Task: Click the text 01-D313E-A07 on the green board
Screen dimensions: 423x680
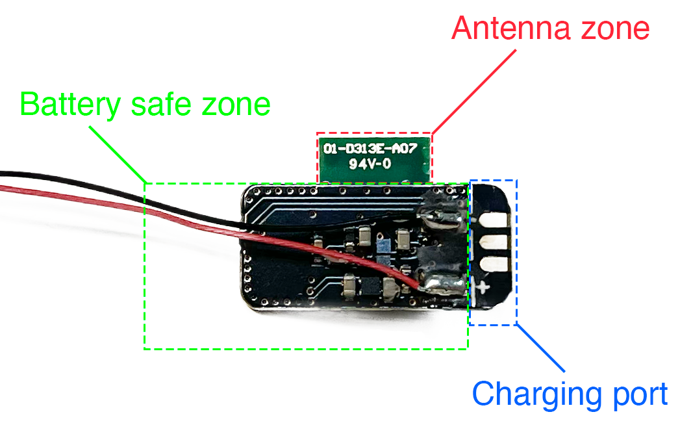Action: tap(373, 149)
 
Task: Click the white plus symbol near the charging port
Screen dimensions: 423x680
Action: tap(483, 287)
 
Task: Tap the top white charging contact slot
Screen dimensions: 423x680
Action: tap(492, 220)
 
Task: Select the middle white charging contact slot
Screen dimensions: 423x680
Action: tap(492, 242)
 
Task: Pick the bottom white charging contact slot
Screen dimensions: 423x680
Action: tap(492, 264)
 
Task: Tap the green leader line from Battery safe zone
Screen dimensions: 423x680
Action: tap(117, 153)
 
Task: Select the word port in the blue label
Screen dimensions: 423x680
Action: tap(639, 394)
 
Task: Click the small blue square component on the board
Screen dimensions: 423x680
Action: tap(386, 246)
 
